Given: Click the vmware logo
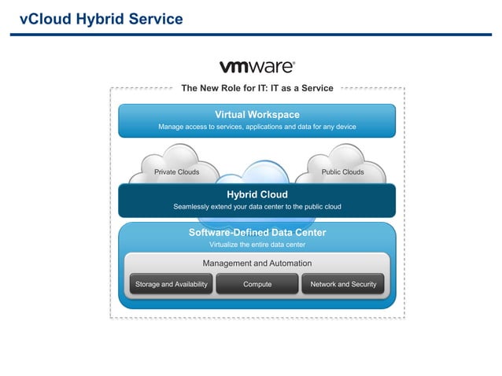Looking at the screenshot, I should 257,67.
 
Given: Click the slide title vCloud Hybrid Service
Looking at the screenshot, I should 101,19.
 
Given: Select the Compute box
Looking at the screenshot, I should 257,284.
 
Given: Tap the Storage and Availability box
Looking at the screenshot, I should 172,284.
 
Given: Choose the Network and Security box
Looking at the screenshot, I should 343,284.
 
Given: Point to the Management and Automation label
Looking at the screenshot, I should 257,264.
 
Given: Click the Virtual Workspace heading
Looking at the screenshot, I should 257,115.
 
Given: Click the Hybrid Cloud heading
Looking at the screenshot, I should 257,194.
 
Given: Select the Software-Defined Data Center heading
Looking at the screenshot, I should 257,233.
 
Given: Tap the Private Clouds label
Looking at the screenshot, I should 176,171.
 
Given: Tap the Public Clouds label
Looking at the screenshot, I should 342,171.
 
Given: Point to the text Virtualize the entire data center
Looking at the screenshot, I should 257,245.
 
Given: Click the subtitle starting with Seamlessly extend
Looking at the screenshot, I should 257,207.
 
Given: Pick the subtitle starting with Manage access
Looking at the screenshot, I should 257,127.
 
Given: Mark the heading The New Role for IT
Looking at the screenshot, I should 257,88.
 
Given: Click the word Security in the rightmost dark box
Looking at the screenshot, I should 360,284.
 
